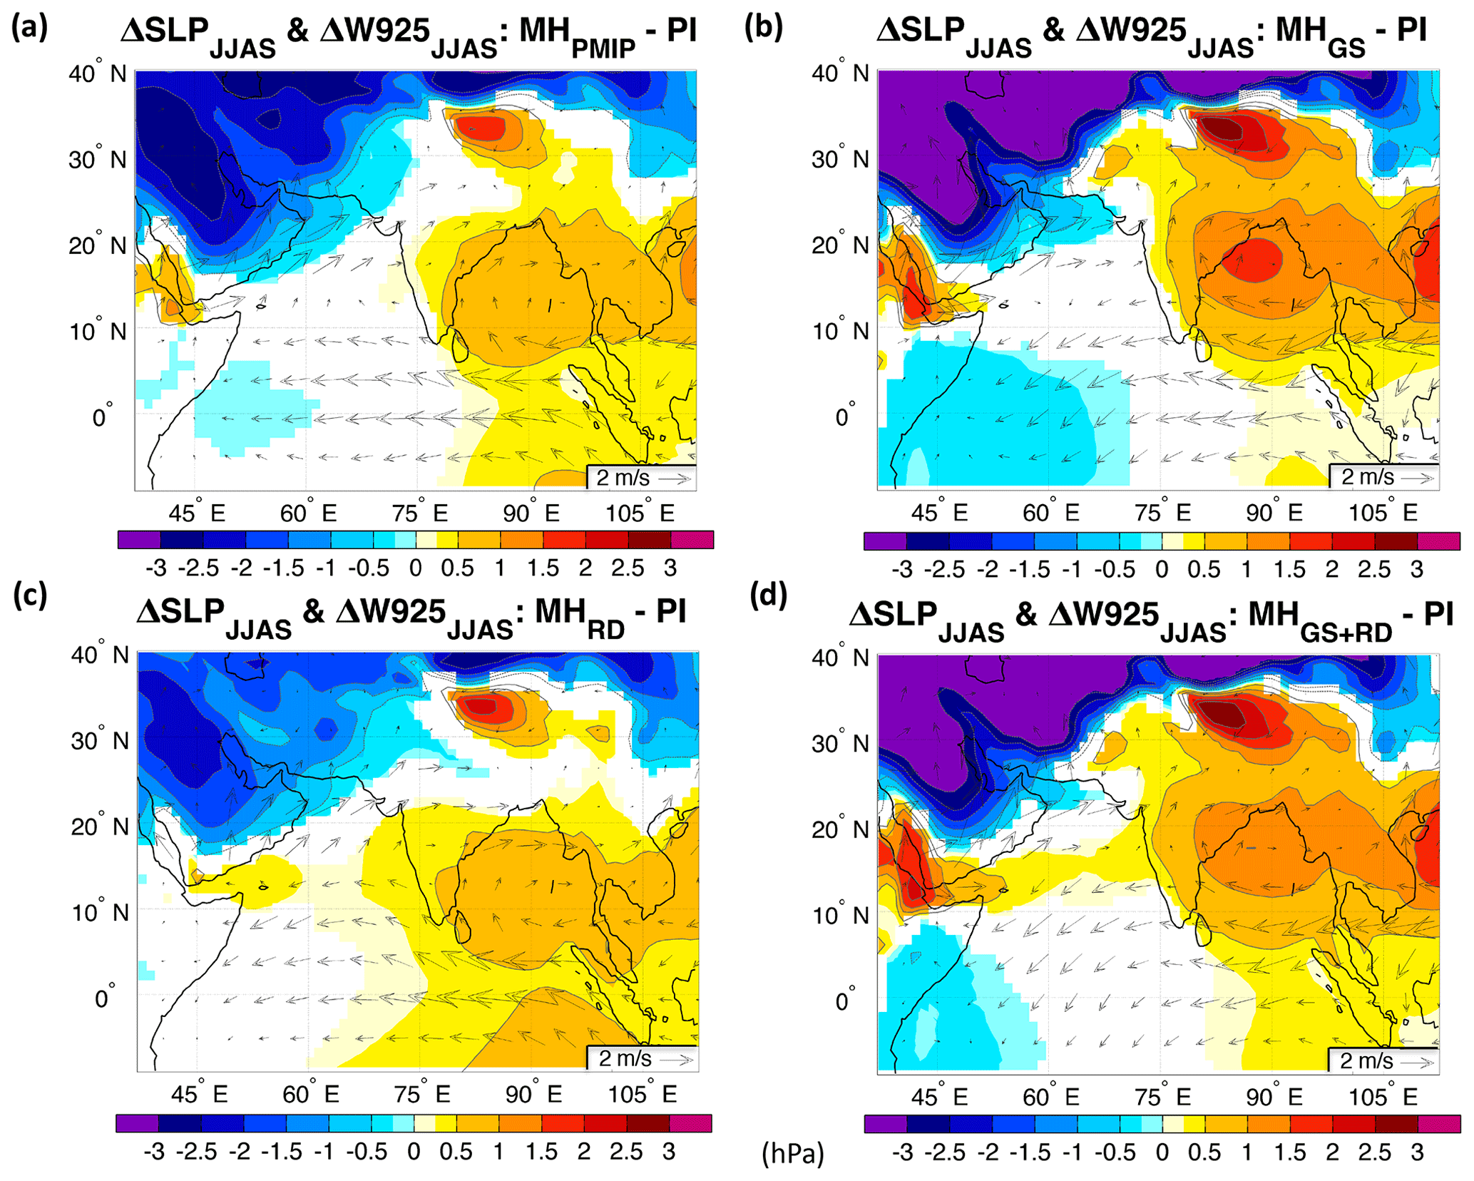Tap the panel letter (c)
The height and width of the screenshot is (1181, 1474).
[x=30, y=596]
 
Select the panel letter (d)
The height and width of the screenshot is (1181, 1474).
[x=768, y=596]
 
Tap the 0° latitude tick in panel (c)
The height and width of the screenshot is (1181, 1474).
[x=104, y=998]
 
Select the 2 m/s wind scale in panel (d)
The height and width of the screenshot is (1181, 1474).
[x=1382, y=1060]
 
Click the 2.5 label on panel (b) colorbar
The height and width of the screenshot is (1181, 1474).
[x=1373, y=569]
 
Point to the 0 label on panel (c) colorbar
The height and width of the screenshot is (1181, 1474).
[x=414, y=1152]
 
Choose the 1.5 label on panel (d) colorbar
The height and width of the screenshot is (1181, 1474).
[x=1289, y=1152]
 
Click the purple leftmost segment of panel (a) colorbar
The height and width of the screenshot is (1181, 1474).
[x=139, y=540]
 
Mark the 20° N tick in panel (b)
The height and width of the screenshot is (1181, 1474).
[x=839, y=246]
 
